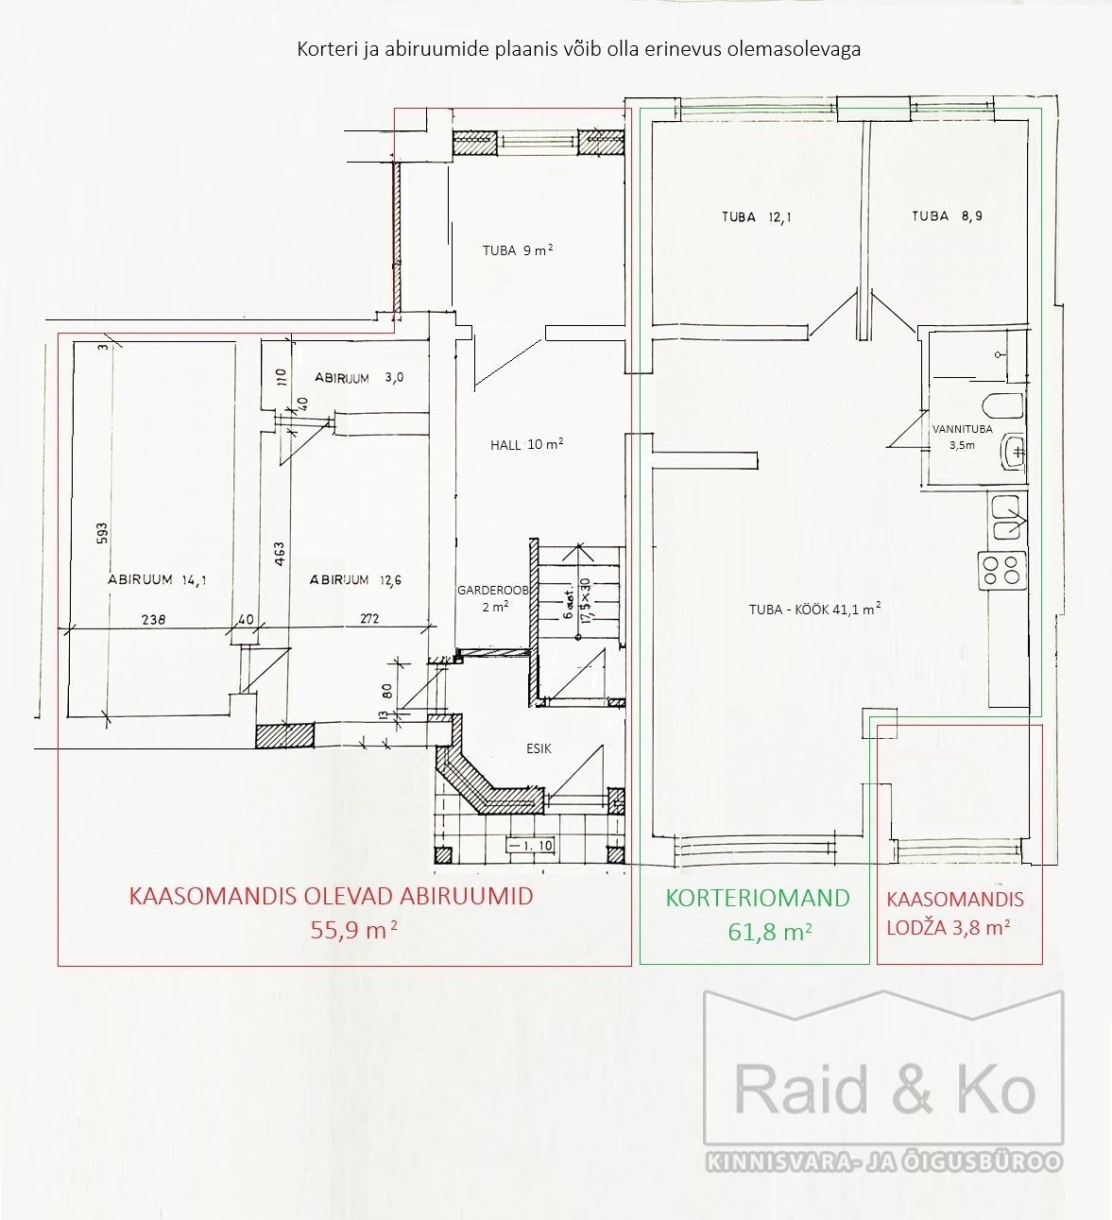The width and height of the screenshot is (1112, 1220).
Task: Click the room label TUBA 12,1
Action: (756, 217)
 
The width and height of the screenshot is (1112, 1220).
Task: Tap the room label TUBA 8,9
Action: (948, 215)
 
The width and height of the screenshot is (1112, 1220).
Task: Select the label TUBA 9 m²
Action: (518, 250)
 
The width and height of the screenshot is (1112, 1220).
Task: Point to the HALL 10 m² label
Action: (527, 444)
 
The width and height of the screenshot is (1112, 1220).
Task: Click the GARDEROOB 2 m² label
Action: (493, 598)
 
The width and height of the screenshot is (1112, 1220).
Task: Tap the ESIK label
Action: (539, 748)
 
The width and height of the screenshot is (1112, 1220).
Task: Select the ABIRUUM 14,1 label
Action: (157, 580)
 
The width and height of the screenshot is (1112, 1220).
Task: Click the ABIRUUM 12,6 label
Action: (356, 580)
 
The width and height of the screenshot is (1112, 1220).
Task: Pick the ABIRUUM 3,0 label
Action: (359, 378)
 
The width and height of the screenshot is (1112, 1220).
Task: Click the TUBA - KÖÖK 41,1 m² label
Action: (815, 609)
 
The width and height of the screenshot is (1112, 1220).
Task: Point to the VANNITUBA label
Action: (963, 429)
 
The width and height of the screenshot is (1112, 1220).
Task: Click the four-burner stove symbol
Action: (1001, 570)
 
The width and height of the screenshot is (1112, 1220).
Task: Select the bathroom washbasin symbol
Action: (1013, 453)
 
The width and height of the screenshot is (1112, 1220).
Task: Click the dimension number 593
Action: (103, 533)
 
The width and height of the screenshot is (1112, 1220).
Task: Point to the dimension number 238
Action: (153, 619)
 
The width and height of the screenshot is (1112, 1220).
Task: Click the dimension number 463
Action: (280, 554)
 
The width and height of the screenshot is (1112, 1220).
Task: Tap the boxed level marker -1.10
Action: (530, 846)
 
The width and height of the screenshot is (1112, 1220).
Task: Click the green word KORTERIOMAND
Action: (758, 899)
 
